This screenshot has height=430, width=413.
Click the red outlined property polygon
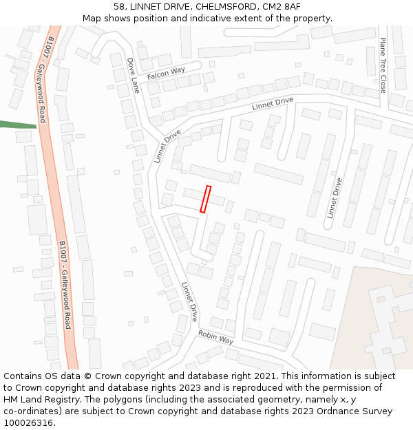point(205,199)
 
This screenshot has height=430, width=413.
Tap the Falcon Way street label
point(166,72)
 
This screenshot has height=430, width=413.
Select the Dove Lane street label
point(133,75)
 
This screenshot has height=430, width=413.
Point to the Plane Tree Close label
point(383,65)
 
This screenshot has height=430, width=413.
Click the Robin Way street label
point(215,337)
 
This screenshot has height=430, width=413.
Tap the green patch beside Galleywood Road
point(17,125)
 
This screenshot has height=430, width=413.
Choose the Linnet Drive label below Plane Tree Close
point(335,198)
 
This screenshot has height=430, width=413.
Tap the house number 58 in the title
point(119,6)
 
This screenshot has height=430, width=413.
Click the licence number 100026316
point(29,423)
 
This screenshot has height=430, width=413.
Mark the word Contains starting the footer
point(25,376)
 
